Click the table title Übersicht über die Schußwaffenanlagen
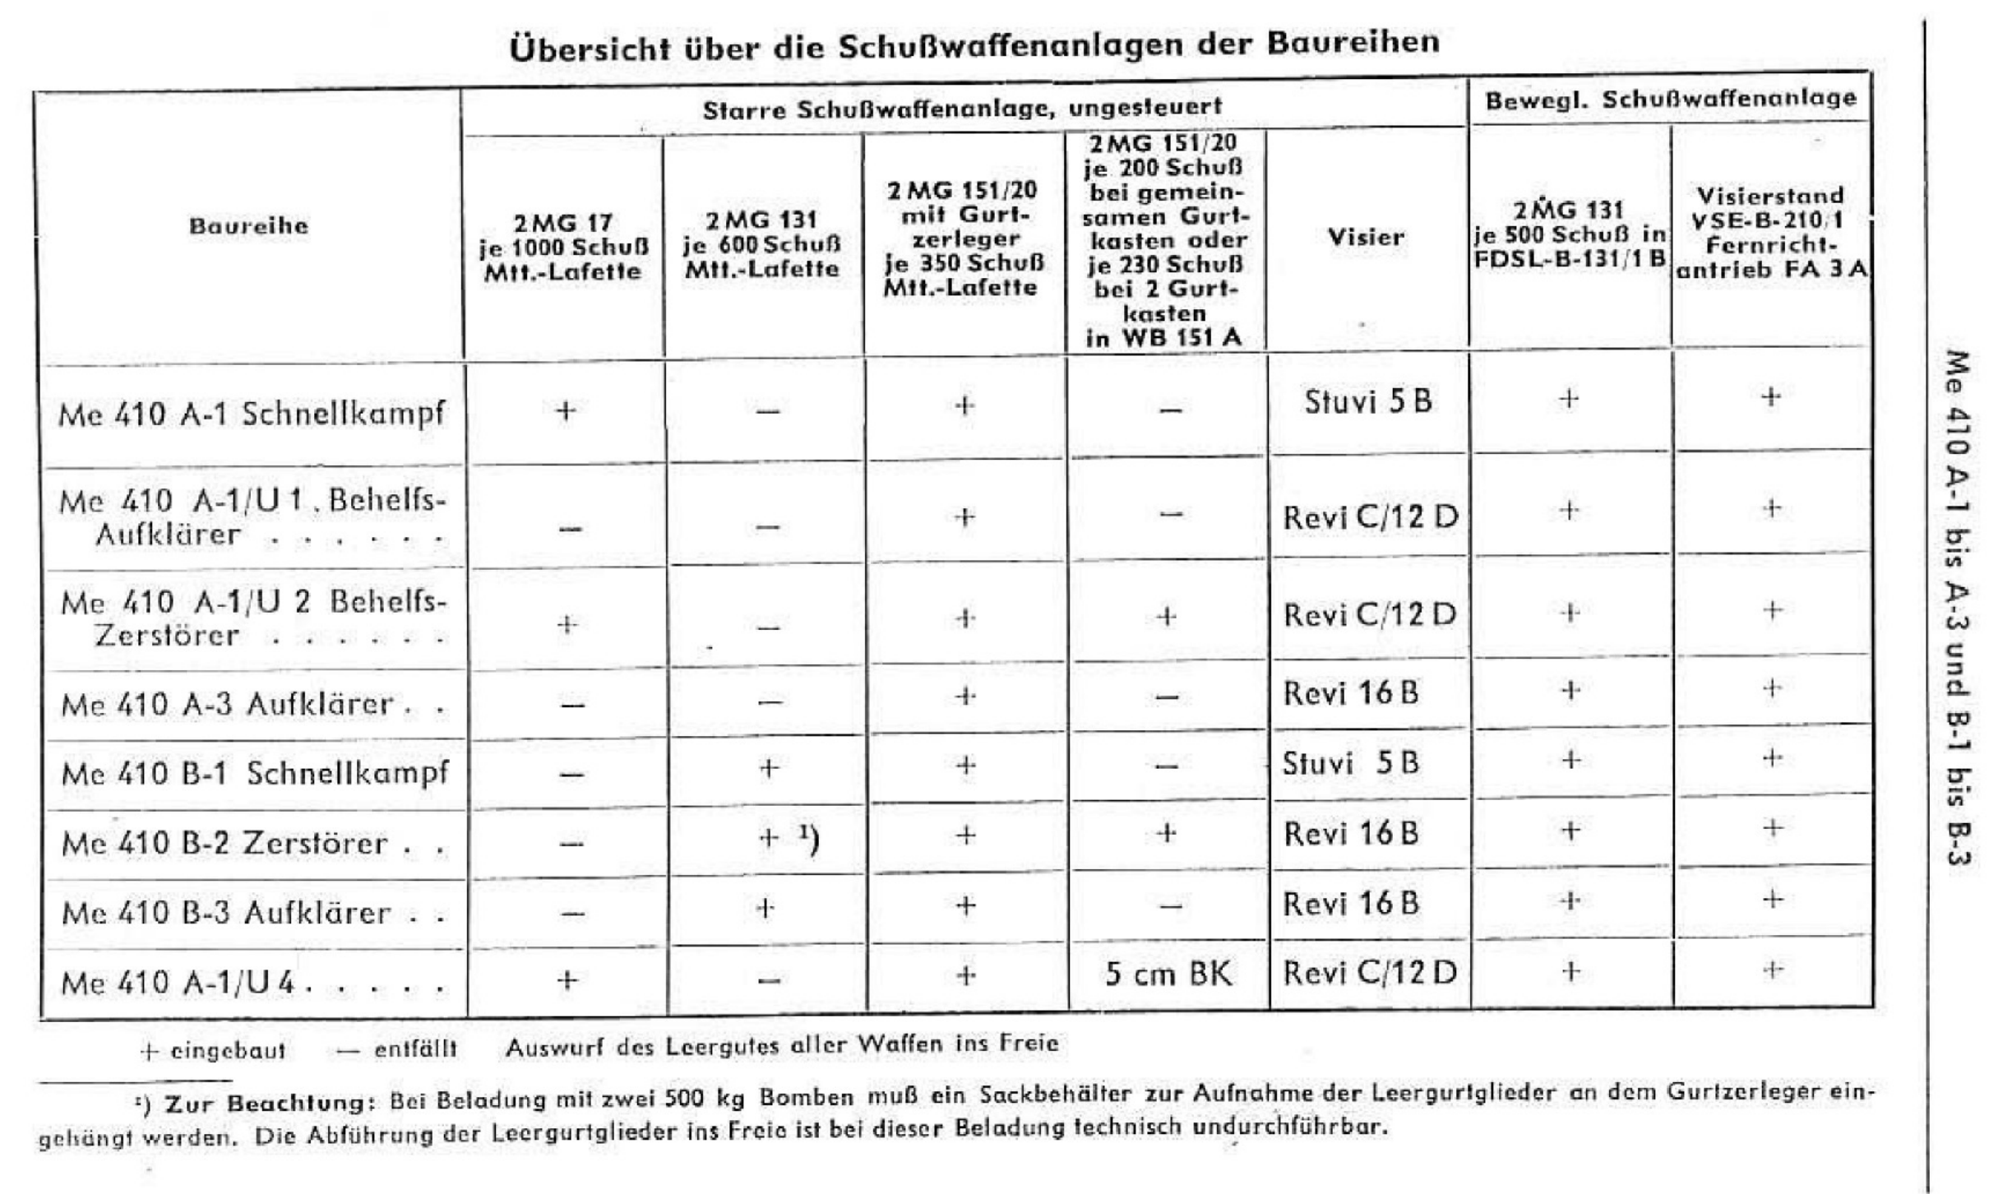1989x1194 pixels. (974, 45)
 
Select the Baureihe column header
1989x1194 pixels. (248, 226)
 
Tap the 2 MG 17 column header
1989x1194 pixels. (563, 247)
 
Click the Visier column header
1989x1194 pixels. (1366, 238)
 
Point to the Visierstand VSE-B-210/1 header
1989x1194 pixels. (1770, 233)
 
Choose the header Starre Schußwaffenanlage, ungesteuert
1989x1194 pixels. (962, 108)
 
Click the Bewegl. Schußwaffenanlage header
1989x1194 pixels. (1670, 99)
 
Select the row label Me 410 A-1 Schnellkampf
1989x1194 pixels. (251, 414)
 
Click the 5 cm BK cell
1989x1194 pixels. (1168, 974)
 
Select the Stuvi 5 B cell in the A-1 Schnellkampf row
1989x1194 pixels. (1367, 402)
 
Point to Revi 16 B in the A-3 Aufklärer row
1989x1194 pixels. (1351, 693)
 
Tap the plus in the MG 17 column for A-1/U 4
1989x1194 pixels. (567, 980)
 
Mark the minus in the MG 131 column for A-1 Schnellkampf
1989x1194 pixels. (767, 410)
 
